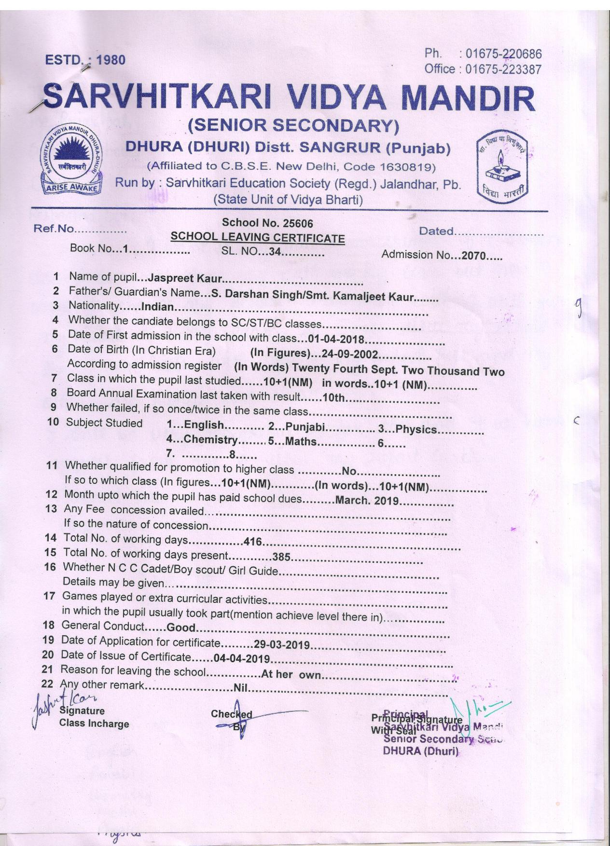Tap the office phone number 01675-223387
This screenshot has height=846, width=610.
[x=503, y=69]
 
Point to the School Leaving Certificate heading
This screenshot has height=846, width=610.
[x=258, y=237]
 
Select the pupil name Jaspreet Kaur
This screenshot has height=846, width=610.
[x=185, y=278]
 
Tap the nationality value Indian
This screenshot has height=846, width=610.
[x=156, y=306]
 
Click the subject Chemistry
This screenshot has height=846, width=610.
[x=210, y=439]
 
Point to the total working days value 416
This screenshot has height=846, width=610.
[x=253, y=542]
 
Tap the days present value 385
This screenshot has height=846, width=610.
[x=281, y=557]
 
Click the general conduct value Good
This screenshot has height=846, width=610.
[x=180, y=628]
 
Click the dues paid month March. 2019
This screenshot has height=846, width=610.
[x=367, y=500]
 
